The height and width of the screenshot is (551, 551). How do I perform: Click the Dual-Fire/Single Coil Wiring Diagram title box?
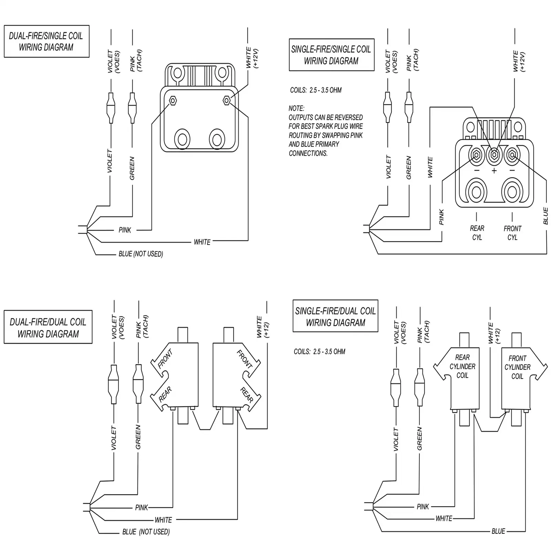[x=46, y=41]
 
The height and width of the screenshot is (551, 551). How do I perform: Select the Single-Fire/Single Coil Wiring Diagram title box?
[x=332, y=55]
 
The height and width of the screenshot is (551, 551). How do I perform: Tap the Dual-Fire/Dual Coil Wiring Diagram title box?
[x=48, y=327]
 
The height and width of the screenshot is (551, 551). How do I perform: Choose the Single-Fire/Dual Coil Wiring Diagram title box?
[x=335, y=316]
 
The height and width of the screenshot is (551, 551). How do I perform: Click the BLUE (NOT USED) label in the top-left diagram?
[x=141, y=254]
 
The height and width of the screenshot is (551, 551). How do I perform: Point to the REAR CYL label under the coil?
[x=477, y=233]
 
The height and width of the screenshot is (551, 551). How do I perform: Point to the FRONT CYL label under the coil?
[x=512, y=233]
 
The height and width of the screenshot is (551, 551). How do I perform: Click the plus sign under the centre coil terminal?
[x=494, y=171]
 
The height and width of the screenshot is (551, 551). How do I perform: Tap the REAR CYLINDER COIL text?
[x=462, y=366]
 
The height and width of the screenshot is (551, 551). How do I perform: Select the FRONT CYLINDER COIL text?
[x=517, y=367]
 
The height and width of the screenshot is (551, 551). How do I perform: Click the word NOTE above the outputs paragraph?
[x=297, y=108]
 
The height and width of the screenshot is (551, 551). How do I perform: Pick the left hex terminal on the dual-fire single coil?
[x=173, y=101]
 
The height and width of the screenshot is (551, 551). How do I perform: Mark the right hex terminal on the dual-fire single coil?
[x=226, y=101]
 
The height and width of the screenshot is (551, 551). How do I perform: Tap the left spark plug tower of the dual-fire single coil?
[x=182, y=139]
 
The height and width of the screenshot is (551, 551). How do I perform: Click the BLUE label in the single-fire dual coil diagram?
[x=498, y=531]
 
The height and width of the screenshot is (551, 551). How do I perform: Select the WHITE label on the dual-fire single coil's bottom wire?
[x=202, y=242]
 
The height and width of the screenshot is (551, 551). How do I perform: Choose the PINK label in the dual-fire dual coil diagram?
[x=142, y=508]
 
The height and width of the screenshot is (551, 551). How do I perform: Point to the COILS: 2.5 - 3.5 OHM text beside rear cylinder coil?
[x=319, y=352]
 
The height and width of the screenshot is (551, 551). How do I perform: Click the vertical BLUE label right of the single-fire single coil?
[x=545, y=216]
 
